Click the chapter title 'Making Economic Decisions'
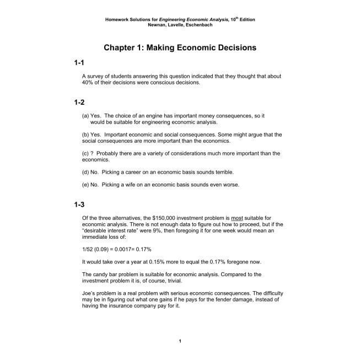[180, 48]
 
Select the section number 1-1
[78, 64]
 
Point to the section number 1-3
[78, 204]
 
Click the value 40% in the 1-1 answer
[88, 83]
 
